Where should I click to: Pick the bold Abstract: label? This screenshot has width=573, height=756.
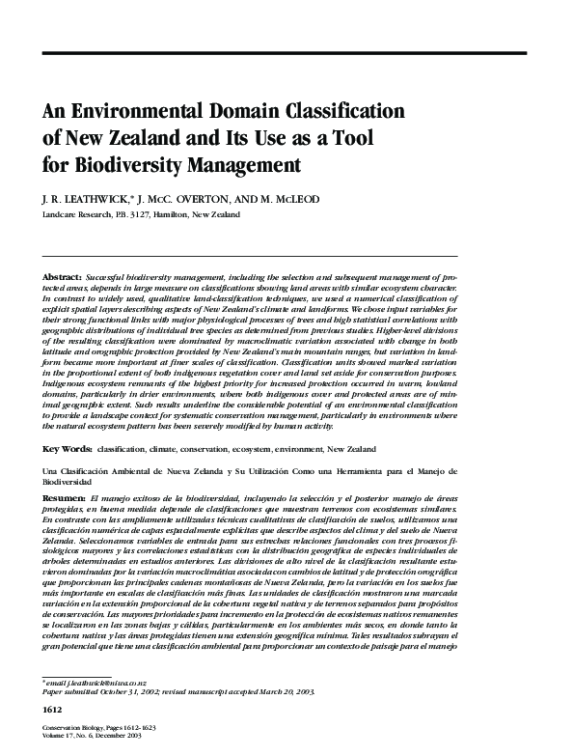coord(62,277)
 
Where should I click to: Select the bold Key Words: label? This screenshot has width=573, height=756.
coord(67,450)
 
